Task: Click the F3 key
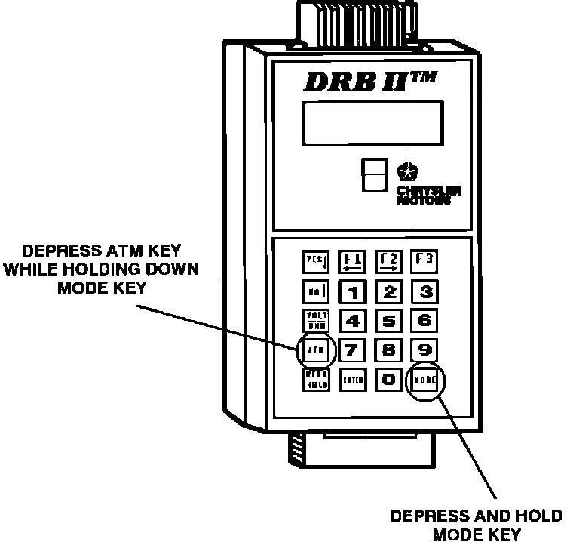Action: click(x=425, y=260)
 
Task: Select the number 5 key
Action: click(x=390, y=320)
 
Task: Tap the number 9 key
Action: click(x=424, y=350)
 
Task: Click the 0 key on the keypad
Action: click(x=389, y=379)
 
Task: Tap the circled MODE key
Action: click(x=424, y=380)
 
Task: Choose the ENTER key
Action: click(x=352, y=380)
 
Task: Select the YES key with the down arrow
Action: click(x=314, y=262)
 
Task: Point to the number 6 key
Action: click(x=424, y=320)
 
